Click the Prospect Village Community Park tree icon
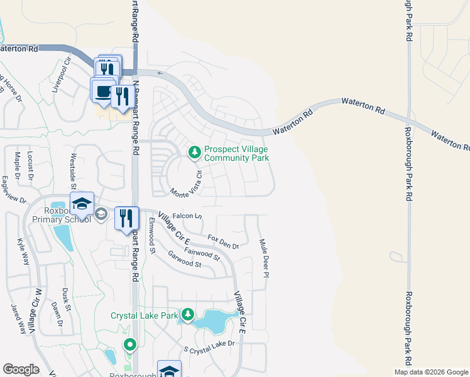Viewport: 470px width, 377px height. (195, 152)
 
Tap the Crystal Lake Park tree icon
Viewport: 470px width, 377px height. (187, 314)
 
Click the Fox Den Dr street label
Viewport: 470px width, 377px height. (224, 242)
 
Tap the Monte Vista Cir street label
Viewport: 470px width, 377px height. (185, 183)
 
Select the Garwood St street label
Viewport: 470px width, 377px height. (184, 260)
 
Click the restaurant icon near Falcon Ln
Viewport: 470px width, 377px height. (126, 218)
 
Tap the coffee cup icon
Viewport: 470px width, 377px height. (102, 90)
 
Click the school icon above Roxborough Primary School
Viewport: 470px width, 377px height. (82, 203)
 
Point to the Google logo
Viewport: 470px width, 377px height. (21, 369)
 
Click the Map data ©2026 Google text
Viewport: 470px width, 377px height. (431, 372)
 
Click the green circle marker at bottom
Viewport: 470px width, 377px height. (129, 344)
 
